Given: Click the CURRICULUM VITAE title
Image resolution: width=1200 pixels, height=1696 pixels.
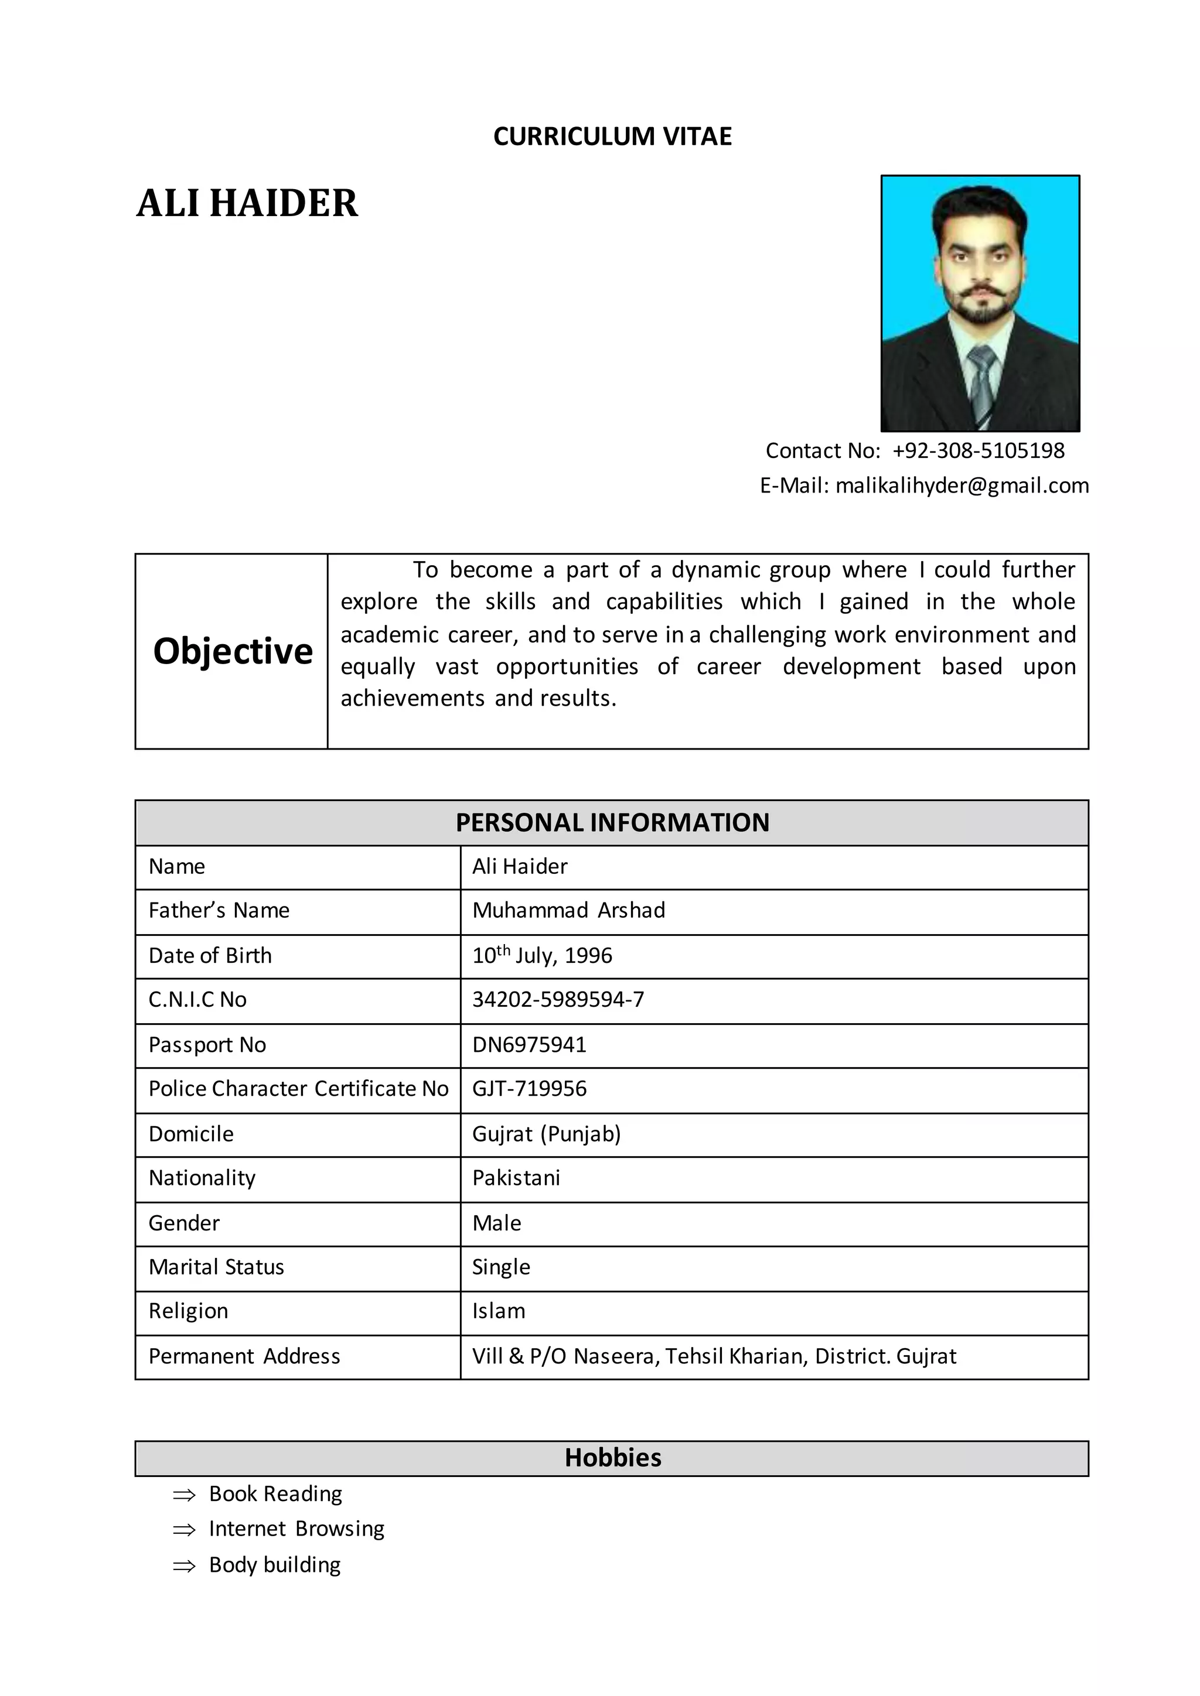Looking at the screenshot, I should [x=612, y=136].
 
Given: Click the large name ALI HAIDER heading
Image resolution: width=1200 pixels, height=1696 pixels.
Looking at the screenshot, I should [x=247, y=203].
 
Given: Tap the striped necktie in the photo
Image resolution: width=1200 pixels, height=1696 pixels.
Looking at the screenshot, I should [x=982, y=384].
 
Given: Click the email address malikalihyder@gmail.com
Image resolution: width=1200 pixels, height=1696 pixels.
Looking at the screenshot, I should [x=962, y=486].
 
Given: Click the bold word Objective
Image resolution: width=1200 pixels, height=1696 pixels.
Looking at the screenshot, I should [x=233, y=651].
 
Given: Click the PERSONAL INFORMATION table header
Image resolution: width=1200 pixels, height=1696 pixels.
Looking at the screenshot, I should [x=612, y=823].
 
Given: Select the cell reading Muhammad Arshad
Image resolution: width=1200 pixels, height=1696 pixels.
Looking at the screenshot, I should [x=568, y=911].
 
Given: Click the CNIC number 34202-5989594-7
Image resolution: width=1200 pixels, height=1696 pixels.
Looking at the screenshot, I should [x=558, y=1000].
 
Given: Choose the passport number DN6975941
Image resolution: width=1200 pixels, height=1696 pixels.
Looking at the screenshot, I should [x=529, y=1045].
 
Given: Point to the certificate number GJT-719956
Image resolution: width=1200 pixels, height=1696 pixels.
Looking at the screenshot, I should [x=529, y=1089].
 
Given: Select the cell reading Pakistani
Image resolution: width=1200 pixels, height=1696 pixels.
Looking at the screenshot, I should [x=516, y=1178].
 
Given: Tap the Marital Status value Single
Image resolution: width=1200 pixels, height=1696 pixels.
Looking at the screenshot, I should [x=501, y=1267].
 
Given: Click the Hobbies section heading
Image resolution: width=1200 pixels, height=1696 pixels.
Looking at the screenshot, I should [x=612, y=1458].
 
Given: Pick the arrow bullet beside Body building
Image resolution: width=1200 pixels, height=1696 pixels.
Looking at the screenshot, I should [x=184, y=1566].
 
